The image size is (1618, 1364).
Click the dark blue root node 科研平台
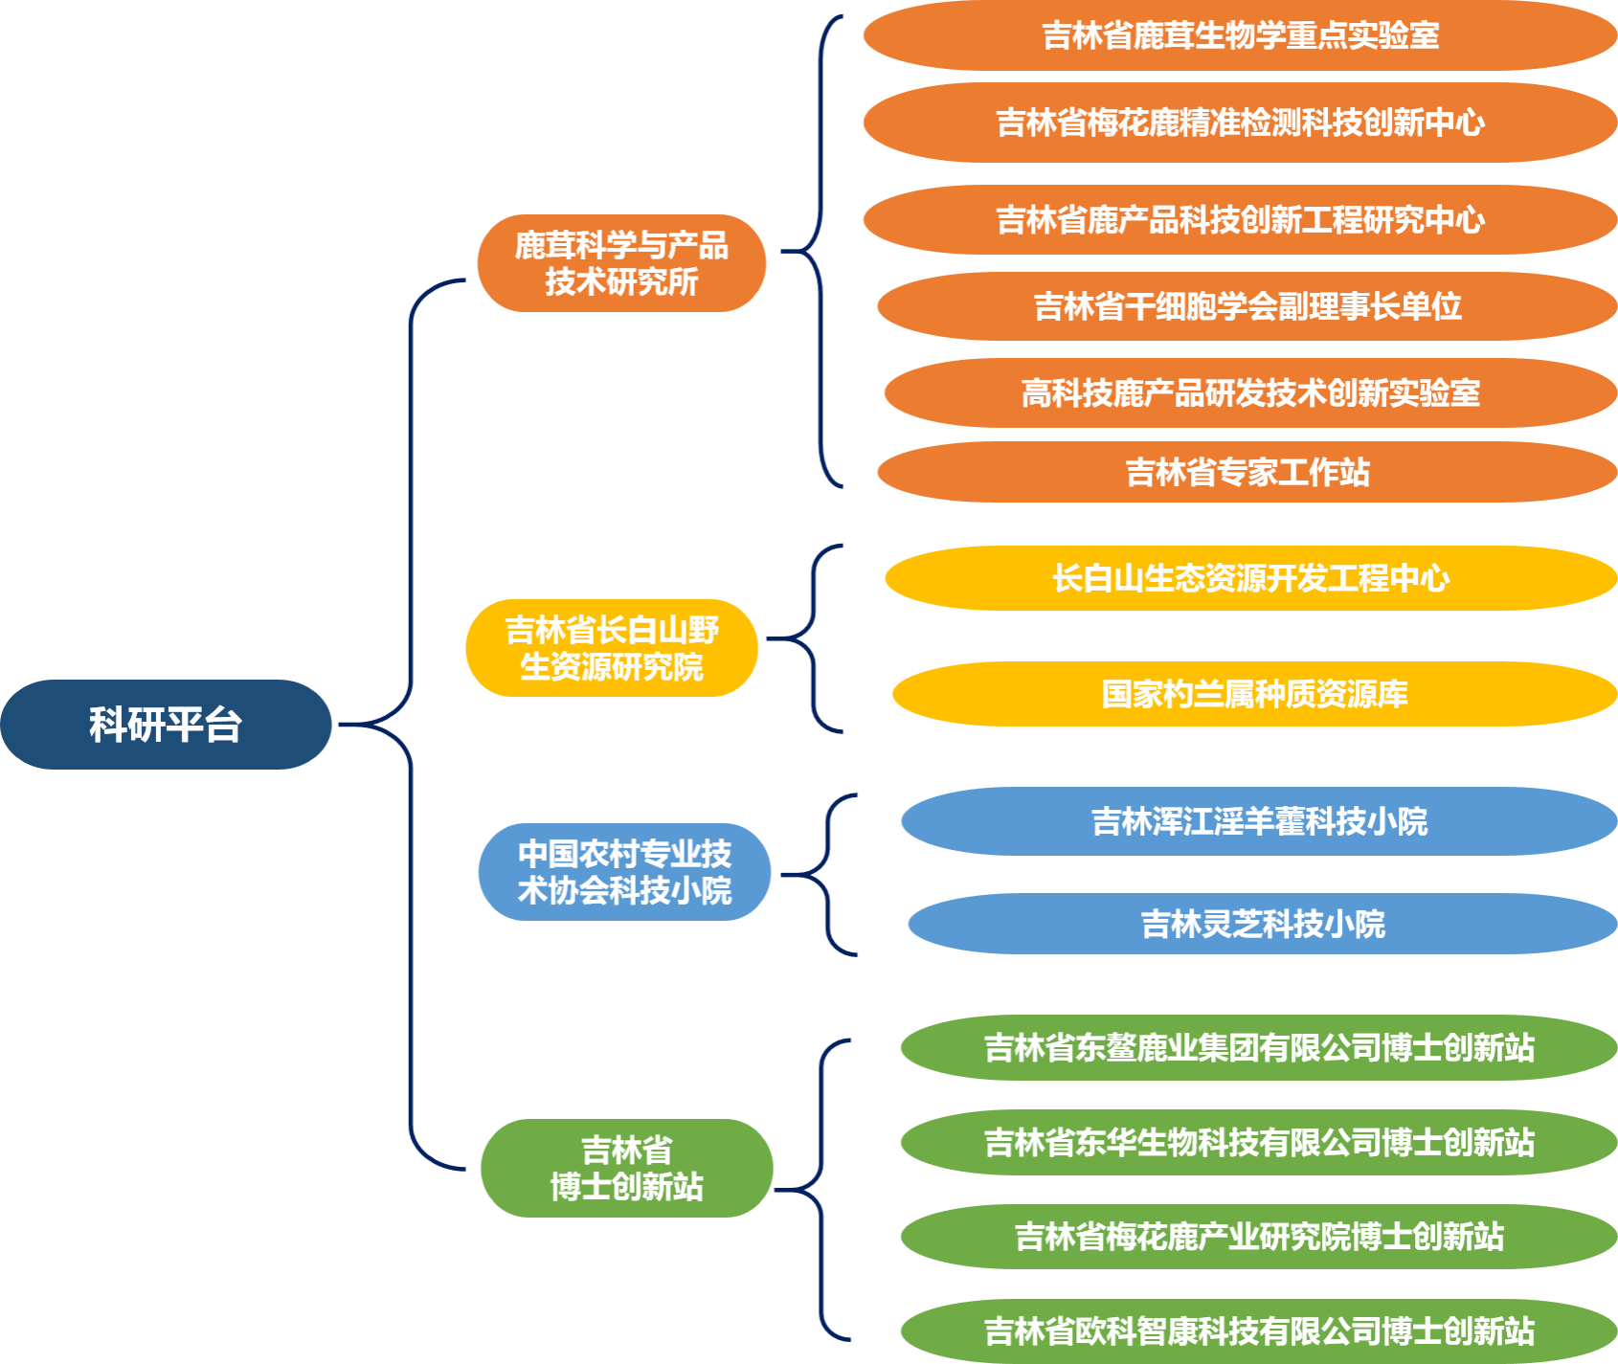(x=166, y=725)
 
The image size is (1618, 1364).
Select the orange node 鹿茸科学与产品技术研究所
(x=621, y=263)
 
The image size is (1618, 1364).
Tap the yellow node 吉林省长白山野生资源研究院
(x=612, y=648)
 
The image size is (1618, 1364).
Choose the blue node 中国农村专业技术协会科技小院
(x=624, y=872)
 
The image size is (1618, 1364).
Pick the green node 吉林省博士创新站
(x=626, y=1168)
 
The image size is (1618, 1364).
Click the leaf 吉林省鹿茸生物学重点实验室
(x=1240, y=36)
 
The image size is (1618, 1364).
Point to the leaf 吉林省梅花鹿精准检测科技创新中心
(x=1240, y=123)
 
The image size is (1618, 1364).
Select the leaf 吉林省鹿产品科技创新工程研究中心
(x=1240, y=220)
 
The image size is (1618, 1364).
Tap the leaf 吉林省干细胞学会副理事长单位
(x=1247, y=306)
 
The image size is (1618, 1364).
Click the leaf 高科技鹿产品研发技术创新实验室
(x=1249, y=393)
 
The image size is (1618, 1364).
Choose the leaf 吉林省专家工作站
(x=1247, y=472)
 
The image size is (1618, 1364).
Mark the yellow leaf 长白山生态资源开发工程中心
(x=1250, y=578)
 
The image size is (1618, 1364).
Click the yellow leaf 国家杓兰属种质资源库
(x=1254, y=694)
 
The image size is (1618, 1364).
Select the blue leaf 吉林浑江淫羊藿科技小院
(x=1259, y=821)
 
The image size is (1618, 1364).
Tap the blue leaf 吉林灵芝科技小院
(x=1262, y=924)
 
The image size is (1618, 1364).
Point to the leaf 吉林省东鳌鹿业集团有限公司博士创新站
(x=1259, y=1048)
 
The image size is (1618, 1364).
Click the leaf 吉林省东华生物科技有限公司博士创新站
(x=1259, y=1142)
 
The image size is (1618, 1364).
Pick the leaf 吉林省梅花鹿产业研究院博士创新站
(x=1259, y=1237)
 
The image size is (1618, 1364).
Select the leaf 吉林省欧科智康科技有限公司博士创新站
(x=1259, y=1330)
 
